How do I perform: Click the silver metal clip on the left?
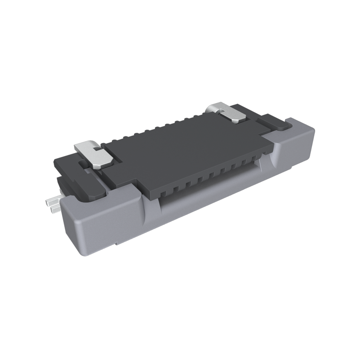coord(94,155)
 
